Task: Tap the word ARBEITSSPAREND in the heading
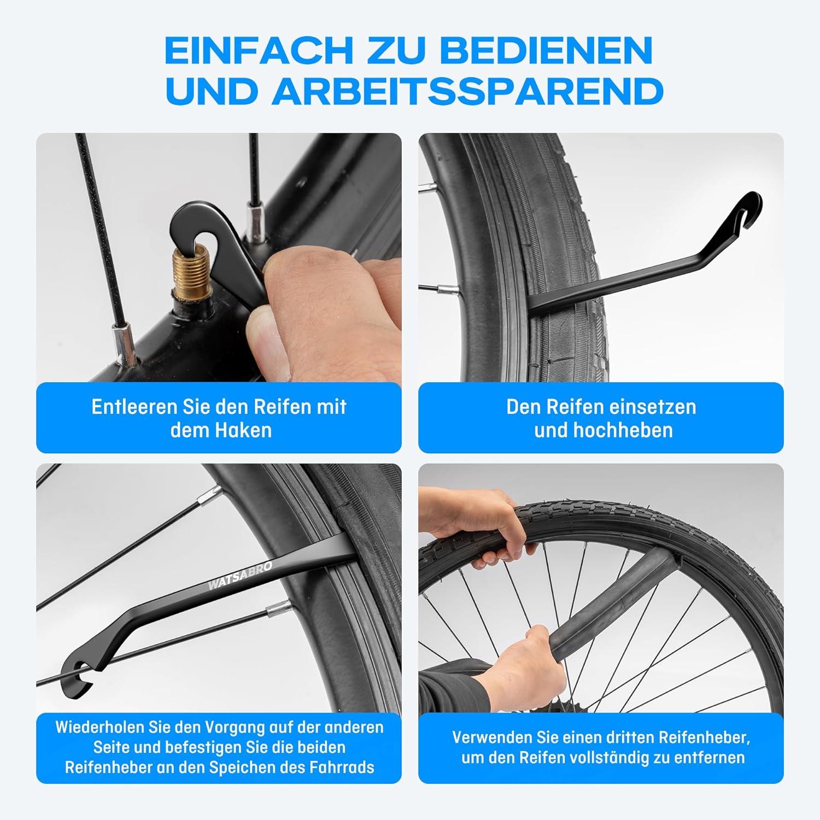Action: click(467, 91)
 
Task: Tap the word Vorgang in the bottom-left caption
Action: click(237, 728)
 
